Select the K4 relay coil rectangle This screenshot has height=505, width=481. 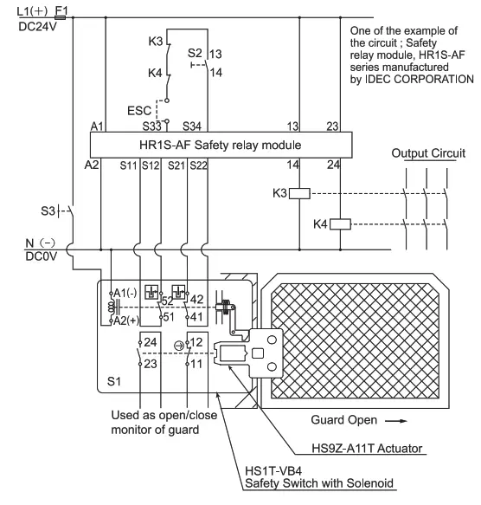coord(341,224)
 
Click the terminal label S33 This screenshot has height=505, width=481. coord(153,126)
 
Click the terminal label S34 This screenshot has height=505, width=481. coord(192,126)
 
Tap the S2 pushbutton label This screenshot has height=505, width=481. coord(195,52)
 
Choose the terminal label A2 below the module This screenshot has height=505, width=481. coord(93,164)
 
